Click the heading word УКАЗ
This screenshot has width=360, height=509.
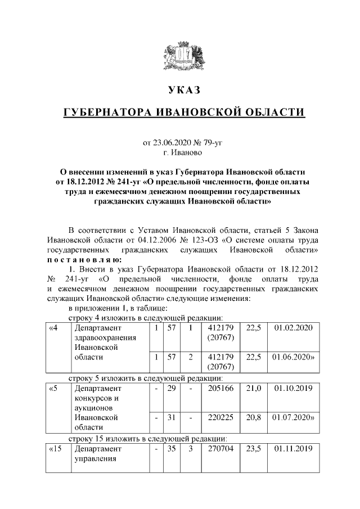tap(183, 91)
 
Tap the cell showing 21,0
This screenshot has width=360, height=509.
tap(253, 388)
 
